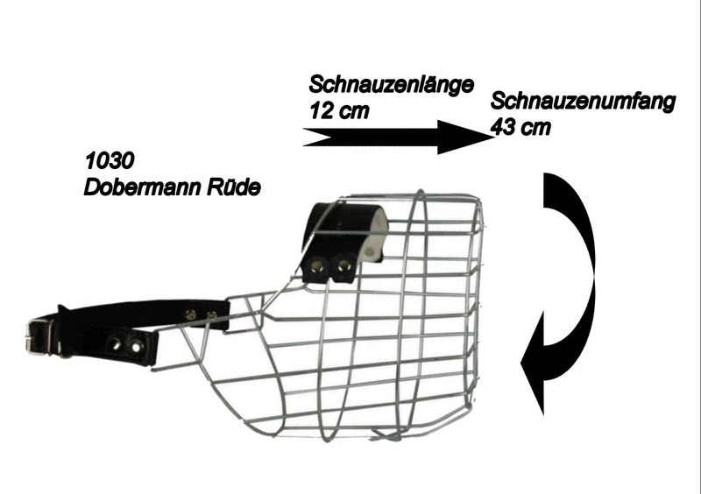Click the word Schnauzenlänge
click(391, 85)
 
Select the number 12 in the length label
click(322, 111)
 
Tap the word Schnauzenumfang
click(583, 102)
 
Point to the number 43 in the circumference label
click(503, 127)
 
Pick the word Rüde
click(236, 187)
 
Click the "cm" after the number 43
click(536, 127)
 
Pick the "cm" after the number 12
click(354, 111)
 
